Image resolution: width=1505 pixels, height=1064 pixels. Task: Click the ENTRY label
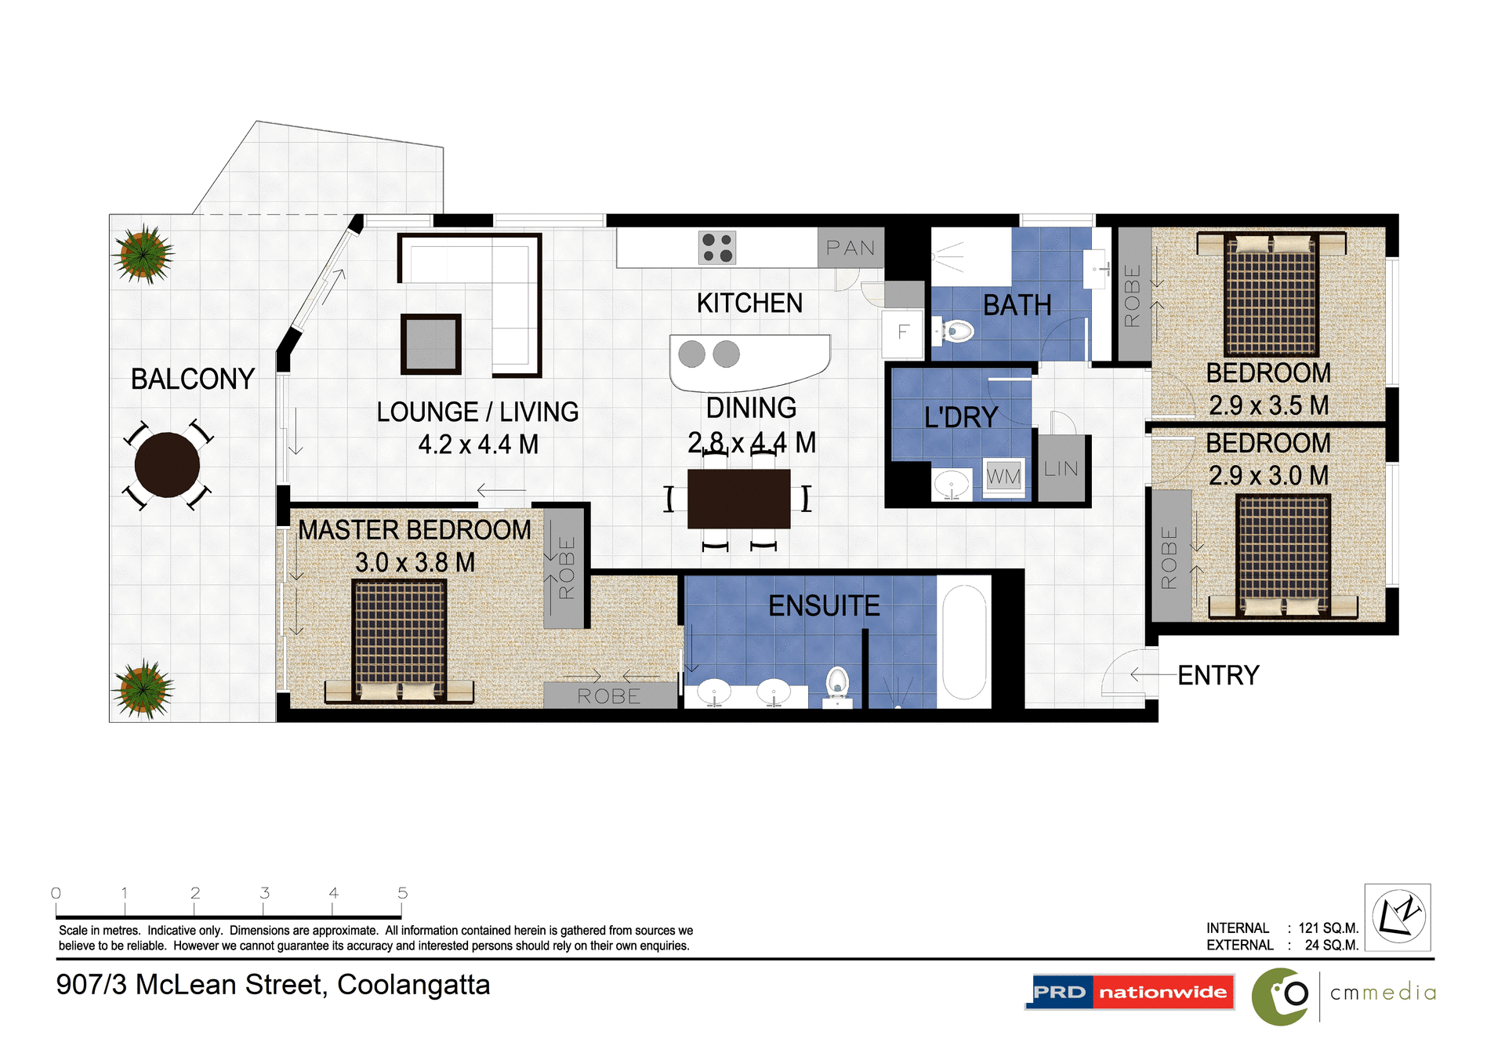point(1217,675)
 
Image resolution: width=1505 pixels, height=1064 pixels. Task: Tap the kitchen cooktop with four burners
point(717,248)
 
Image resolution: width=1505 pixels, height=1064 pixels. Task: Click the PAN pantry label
point(850,248)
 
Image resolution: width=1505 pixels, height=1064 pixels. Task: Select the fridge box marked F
point(903,332)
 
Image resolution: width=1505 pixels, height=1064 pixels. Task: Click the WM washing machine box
point(1003,476)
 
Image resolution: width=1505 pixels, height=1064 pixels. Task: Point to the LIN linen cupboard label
point(1061,469)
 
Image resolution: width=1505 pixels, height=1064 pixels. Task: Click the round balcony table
point(167,464)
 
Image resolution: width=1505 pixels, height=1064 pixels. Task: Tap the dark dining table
point(738,499)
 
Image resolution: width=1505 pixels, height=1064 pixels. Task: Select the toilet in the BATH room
point(955,331)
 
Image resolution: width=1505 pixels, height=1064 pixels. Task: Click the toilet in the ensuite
point(837,682)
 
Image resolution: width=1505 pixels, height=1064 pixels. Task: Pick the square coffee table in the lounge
point(430,343)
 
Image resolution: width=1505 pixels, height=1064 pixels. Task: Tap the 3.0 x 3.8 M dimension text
point(415,562)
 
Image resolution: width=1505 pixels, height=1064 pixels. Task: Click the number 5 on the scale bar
point(402,892)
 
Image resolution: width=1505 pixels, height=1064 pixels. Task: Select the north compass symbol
point(1398,917)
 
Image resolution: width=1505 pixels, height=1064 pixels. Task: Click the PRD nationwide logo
point(1130,992)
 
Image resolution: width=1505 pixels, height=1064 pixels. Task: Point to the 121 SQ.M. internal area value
point(1328,928)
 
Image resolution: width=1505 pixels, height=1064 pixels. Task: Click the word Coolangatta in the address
point(413,985)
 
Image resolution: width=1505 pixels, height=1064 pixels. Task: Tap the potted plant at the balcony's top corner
point(143,254)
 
